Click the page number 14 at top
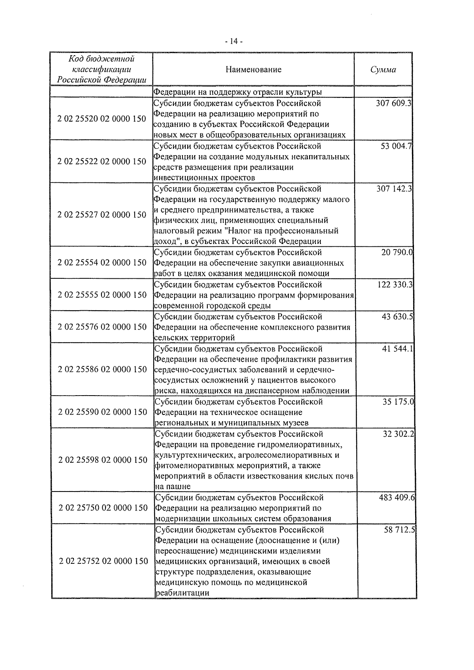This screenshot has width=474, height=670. pos(233,41)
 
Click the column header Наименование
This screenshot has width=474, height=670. pos(254,69)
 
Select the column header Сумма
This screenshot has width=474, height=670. pos(383,70)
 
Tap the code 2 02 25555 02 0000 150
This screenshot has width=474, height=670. pos(102,295)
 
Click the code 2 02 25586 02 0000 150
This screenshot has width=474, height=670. pos(102,370)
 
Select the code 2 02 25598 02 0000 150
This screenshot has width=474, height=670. pos(103,460)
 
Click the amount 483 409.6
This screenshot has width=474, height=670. pos(397,497)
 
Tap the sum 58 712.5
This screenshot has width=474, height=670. pos(399,529)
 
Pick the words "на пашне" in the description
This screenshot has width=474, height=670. pos(173,486)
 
